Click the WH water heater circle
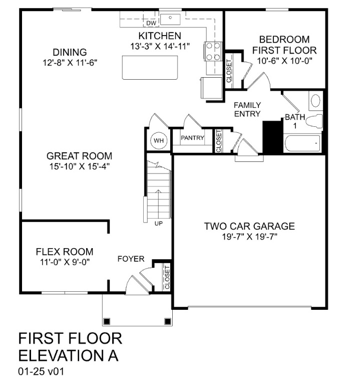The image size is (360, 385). (159, 141)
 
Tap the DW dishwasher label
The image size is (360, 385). (151, 23)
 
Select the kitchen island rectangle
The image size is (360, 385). (150, 67)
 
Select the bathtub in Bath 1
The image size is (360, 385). (302, 144)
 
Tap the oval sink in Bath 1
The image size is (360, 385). (315, 101)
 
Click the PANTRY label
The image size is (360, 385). (192, 137)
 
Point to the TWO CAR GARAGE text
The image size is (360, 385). (249, 226)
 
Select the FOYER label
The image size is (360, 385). (131, 259)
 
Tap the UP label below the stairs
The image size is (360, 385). (158, 223)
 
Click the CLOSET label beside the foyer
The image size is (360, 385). (167, 278)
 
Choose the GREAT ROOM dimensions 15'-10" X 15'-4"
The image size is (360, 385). (80, 166)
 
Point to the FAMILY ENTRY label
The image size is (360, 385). (247, 109)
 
